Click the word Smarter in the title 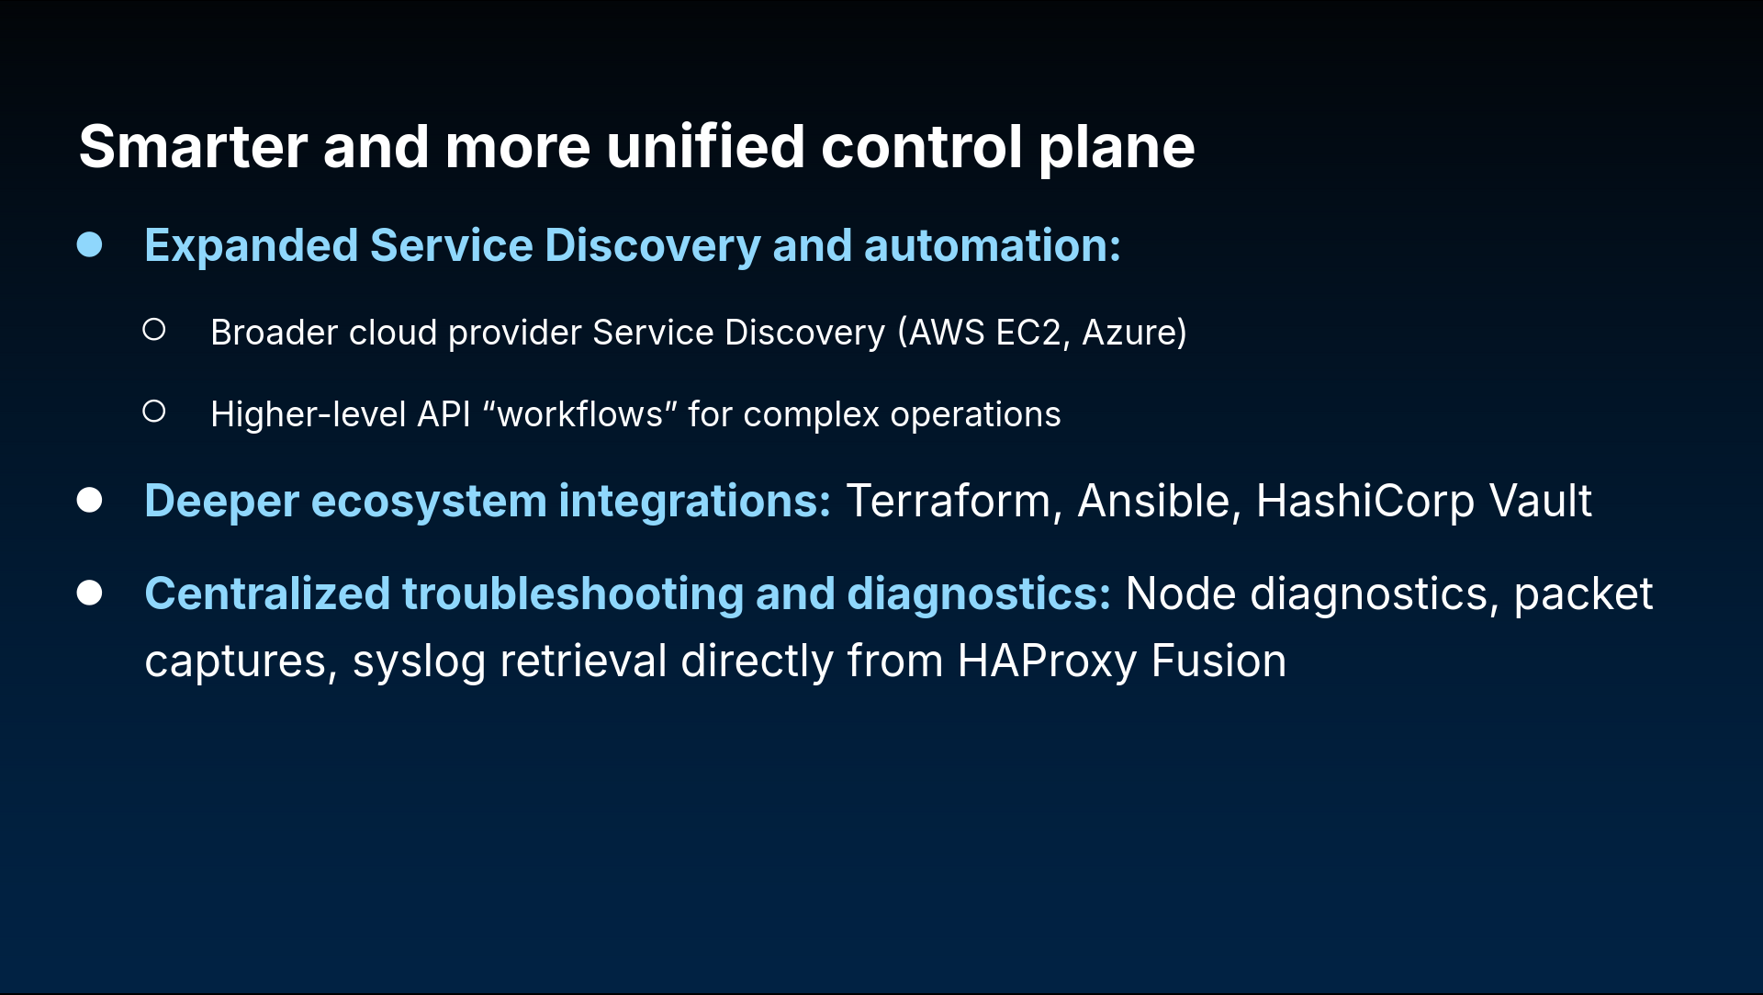point(194,147)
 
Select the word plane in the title point(1117,149)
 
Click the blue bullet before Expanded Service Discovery point(89,244)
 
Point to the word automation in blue point(992,246)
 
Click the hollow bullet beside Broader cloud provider point(154,329)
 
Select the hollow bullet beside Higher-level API point(154,411)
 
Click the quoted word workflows point(579,414)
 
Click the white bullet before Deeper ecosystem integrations point(89,500)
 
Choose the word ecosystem point(429,503)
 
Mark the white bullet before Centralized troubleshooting point(89,593)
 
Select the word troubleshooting point(573,595)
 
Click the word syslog point(419,662)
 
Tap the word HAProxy point(1047,662)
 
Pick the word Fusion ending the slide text point(1218,661)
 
